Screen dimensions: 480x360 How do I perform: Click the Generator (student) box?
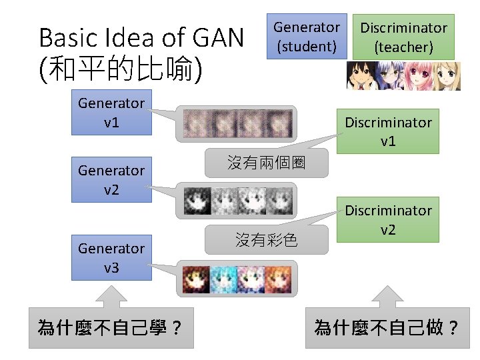click(x=307, y=37)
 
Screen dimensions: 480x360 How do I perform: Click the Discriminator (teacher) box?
click(x=403, y=37)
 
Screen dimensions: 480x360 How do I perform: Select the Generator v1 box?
click(x=111, y=113)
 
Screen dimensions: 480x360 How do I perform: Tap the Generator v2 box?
click(x=111, y=180)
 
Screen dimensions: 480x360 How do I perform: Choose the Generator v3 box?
click(x=111, y=258)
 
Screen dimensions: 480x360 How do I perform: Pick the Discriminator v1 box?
click(x=388, y=131)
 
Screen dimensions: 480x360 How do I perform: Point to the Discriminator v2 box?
click(x=388, y=219)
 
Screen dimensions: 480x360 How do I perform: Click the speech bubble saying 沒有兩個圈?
click(x=267, y=163)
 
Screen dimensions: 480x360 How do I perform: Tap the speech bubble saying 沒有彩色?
click(x=267, y=240)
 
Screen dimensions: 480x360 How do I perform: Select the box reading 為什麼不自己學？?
click(x=111, y=327)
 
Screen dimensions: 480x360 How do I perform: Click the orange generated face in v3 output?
click(x=280, y=279)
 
